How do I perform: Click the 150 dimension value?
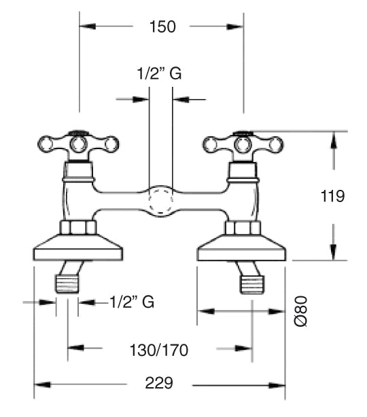(162, 26)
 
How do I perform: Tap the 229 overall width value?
(159, 383)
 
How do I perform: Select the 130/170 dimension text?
(159, 350)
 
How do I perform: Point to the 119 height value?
(332, 196)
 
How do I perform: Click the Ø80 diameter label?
(301, 311)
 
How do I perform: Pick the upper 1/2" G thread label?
(160, 73)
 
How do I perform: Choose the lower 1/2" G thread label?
(132, 302)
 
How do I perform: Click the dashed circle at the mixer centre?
(160, 200)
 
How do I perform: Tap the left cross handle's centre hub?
(78, 144)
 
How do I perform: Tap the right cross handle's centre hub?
(243, 145)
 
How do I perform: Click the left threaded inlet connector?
(67, 284)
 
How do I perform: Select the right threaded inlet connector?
(252, 285)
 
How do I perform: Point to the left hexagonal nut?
(78, 227)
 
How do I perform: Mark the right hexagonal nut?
(243, 228)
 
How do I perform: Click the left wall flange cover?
(78, 247)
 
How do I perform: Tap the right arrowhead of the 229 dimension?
(277, 385)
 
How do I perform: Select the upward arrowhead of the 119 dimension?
(334, 140)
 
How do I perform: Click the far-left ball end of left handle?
(46, 144)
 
